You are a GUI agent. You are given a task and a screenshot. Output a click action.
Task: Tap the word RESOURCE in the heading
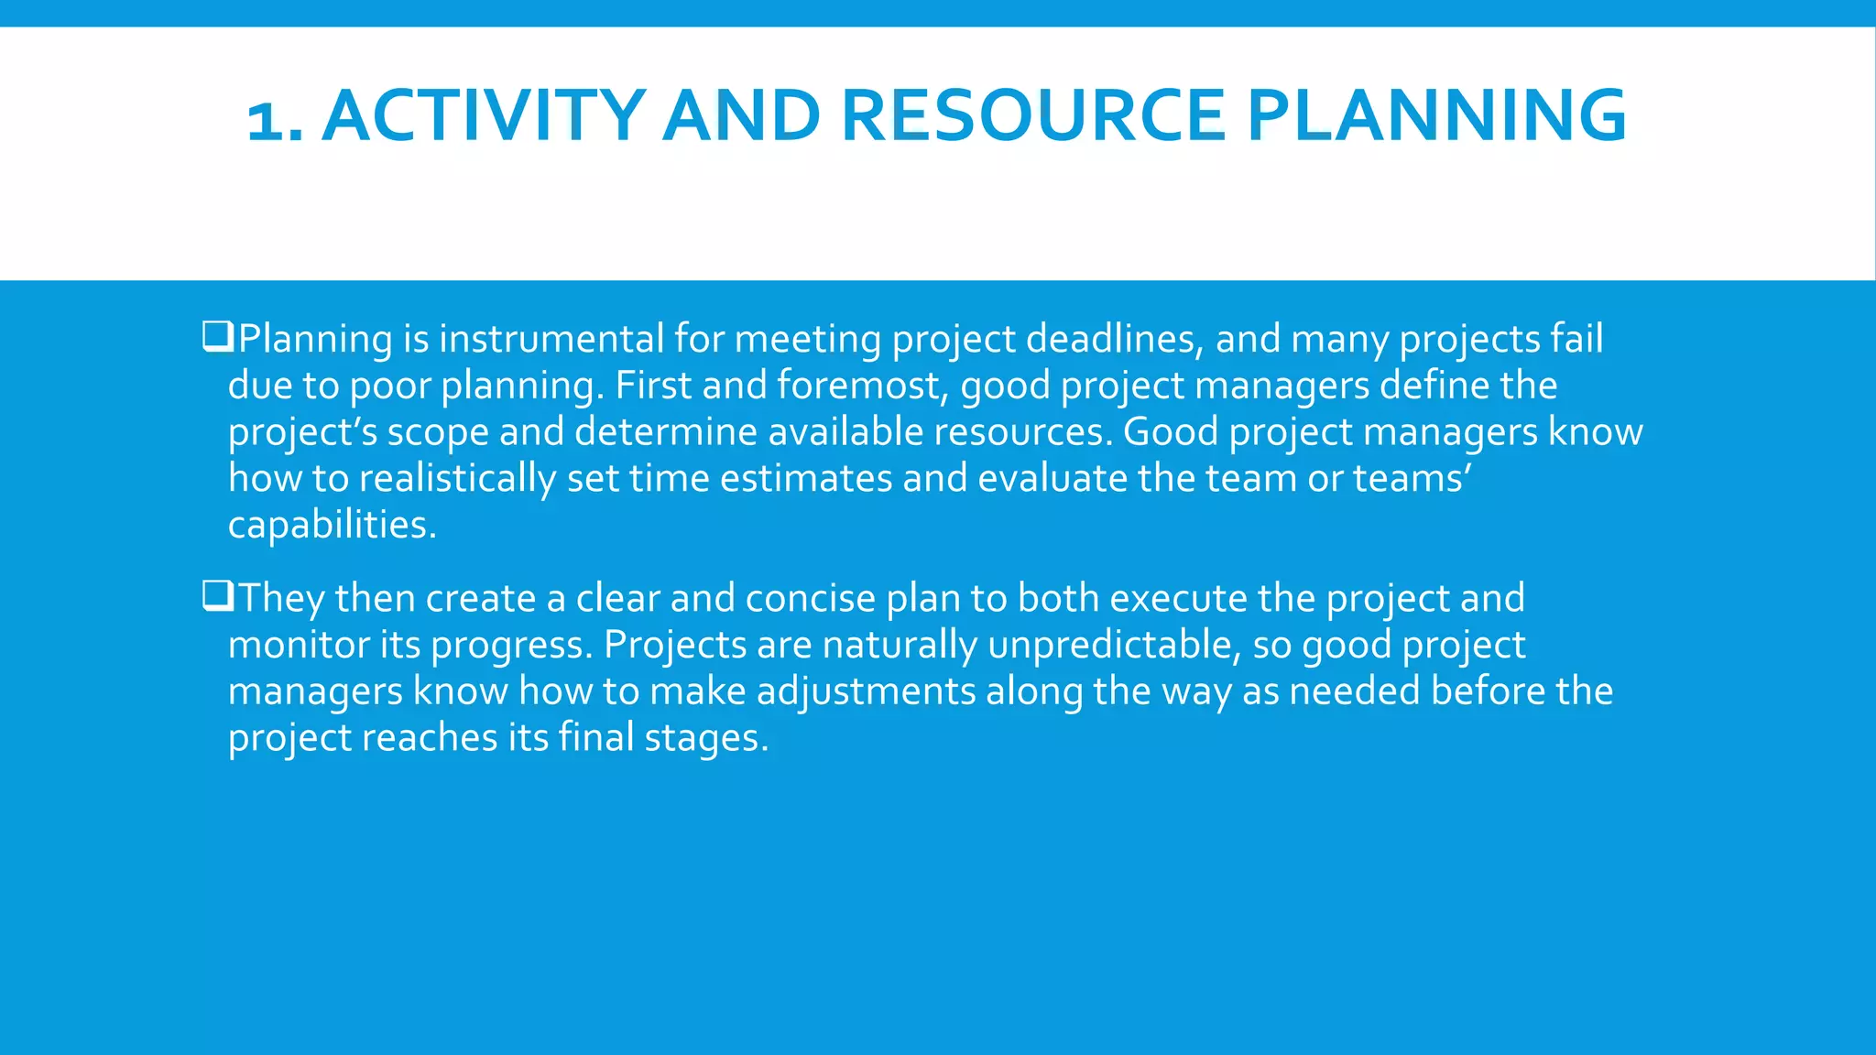coord(1032,115)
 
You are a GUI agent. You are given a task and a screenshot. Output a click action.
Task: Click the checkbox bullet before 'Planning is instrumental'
coord(218,337)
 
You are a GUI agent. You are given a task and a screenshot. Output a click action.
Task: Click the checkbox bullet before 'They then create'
coord(218,596)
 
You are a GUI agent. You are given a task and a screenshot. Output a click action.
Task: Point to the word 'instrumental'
coord(551,339)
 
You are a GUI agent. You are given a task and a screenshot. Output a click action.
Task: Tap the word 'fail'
coord(1576,338)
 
